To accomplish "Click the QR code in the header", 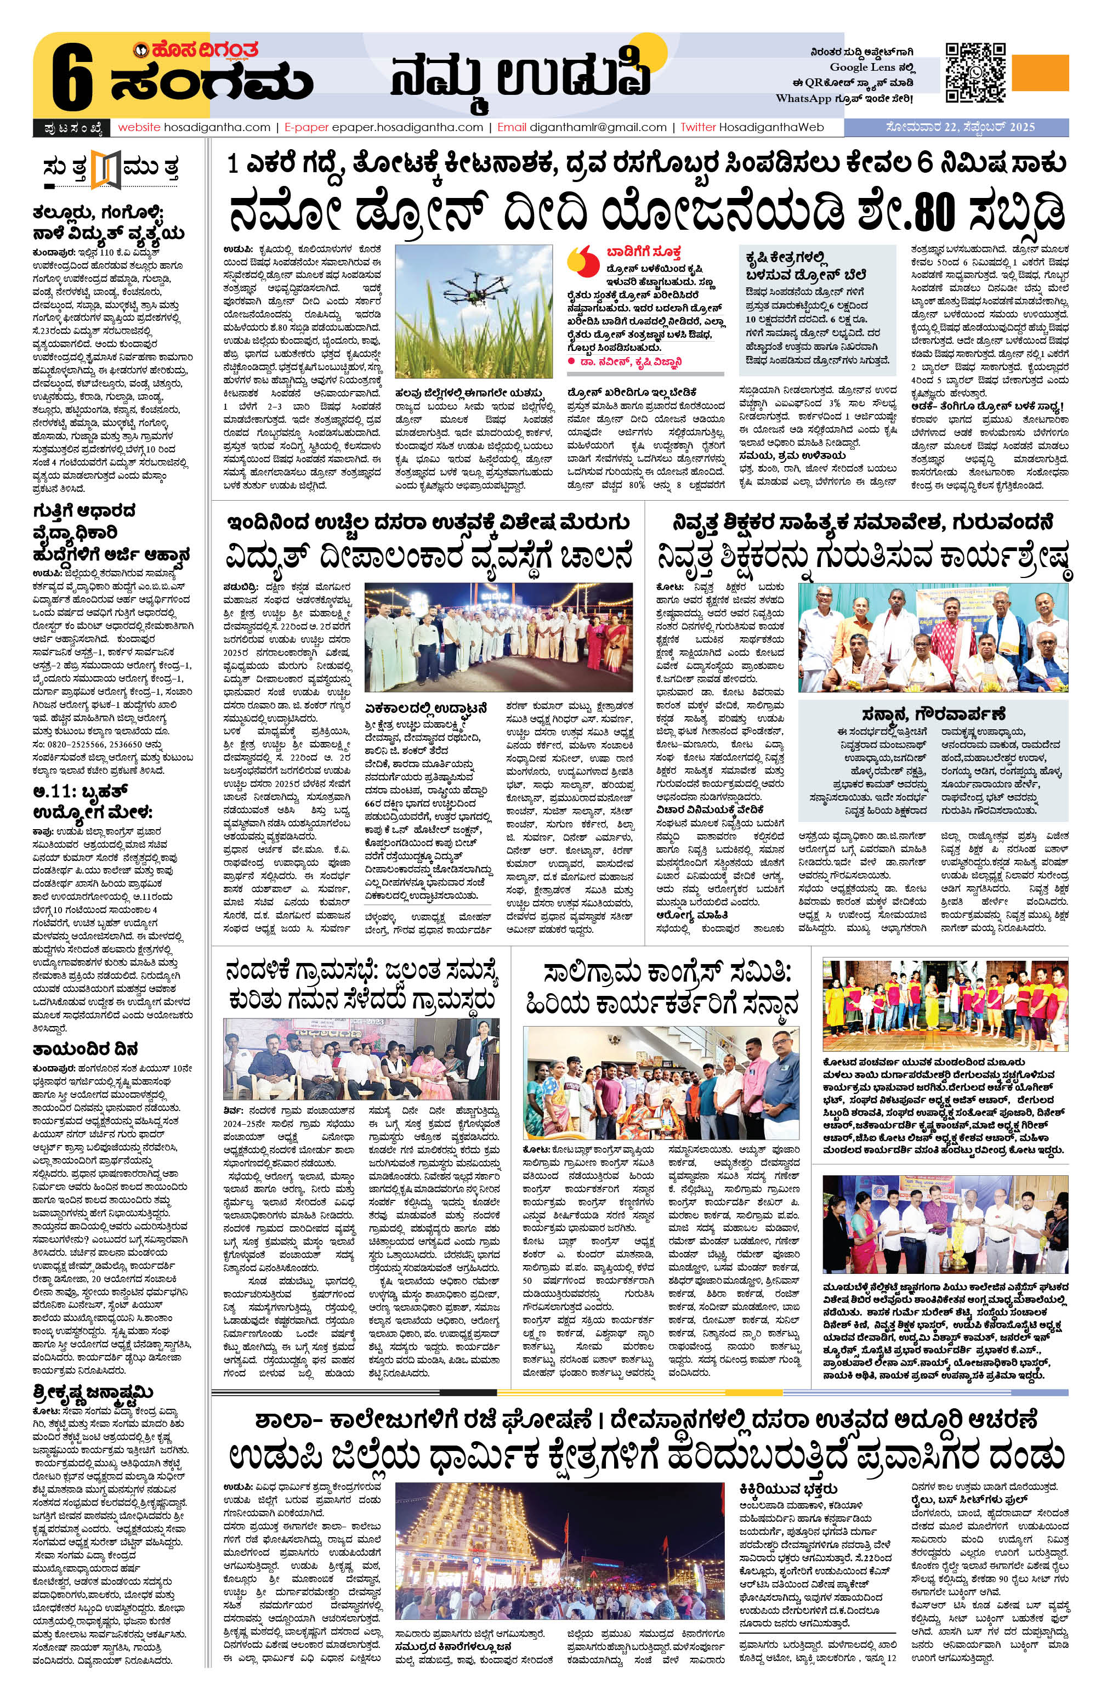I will coord(976,72).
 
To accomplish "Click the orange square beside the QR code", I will coord(1041,73).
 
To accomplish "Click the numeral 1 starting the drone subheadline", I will coord(232,166).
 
